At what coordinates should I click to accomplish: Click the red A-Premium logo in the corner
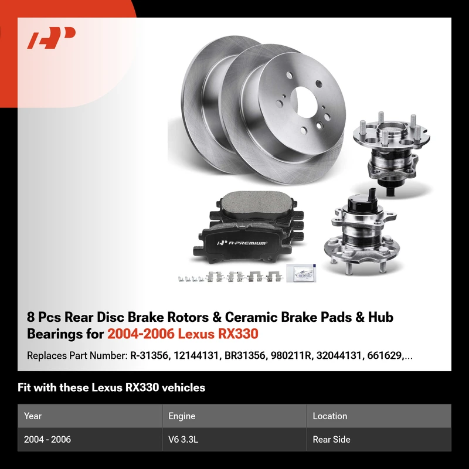52,38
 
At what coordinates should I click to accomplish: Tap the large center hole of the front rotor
304,101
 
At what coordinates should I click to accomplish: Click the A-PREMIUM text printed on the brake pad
243,243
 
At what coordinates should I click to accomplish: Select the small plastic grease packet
301,273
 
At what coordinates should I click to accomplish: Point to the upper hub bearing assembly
390,153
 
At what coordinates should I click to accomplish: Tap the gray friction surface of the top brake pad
256,203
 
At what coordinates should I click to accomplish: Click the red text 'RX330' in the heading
238,334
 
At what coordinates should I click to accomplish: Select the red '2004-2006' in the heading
141,334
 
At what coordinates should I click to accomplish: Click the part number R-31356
149,356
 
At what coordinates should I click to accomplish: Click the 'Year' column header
33,416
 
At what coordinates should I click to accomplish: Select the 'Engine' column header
182,416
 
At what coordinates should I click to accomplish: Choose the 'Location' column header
330,416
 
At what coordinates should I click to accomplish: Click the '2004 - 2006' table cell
47,439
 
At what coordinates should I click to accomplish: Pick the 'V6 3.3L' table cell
183,439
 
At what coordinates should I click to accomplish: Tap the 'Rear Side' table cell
331,439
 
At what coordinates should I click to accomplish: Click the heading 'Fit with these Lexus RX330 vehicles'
111,388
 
